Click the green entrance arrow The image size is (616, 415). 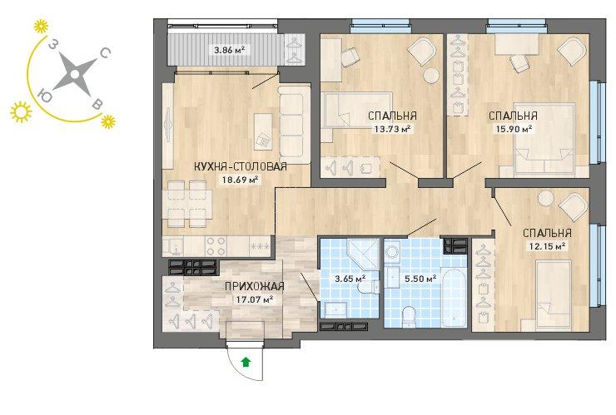[246, 362]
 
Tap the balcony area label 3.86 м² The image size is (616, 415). [230, 50]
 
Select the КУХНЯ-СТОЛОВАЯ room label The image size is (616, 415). [241, 166]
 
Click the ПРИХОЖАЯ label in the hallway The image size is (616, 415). [254, 287]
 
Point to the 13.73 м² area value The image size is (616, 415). [392, 128]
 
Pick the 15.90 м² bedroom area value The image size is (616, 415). [513, 128]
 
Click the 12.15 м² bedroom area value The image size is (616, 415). [547, 246]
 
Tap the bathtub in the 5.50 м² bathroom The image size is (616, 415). [454, 297]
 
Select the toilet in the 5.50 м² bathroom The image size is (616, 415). [409, 316]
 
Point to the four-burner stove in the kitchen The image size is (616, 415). [216, 246]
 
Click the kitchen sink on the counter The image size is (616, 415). [173, 246]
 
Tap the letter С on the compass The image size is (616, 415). [105, 52]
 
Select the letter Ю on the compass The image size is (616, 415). [45, 96]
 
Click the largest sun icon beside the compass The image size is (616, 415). [21, 112]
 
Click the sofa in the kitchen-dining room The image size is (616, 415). [294, 126]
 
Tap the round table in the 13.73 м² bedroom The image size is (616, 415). [431, 76]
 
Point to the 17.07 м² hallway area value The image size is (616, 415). [254, 299]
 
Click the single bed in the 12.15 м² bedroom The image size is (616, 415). [554, 294]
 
